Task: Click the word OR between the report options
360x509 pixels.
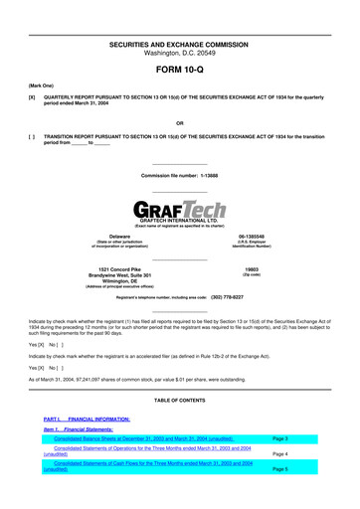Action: pos(179,124)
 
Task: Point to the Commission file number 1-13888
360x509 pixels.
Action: pos(179,175)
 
